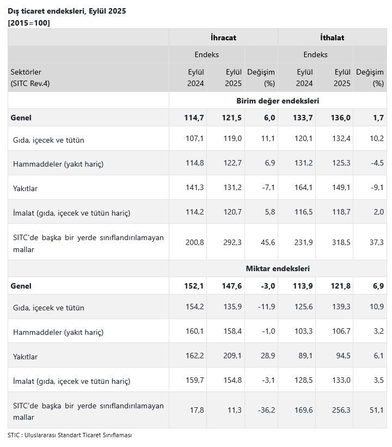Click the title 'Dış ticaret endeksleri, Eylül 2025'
tap(67, 11)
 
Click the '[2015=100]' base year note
tap(29, 22)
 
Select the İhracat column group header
tap(223, 38)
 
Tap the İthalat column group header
tap(332, 38)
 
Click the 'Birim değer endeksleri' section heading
tap(278, 101)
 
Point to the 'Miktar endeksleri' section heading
tap(278, 268)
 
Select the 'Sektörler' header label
tap(26, 72)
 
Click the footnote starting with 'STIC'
tap(70, 435)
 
